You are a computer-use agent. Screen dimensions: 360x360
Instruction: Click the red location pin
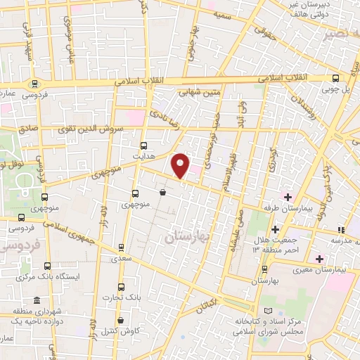pos(181,165)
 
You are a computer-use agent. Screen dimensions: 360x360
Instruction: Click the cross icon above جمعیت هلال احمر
pos(275,229)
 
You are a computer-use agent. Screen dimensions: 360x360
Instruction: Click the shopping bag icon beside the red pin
pos(162,191)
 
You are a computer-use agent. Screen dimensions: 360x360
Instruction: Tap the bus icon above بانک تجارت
pos(121,287)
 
